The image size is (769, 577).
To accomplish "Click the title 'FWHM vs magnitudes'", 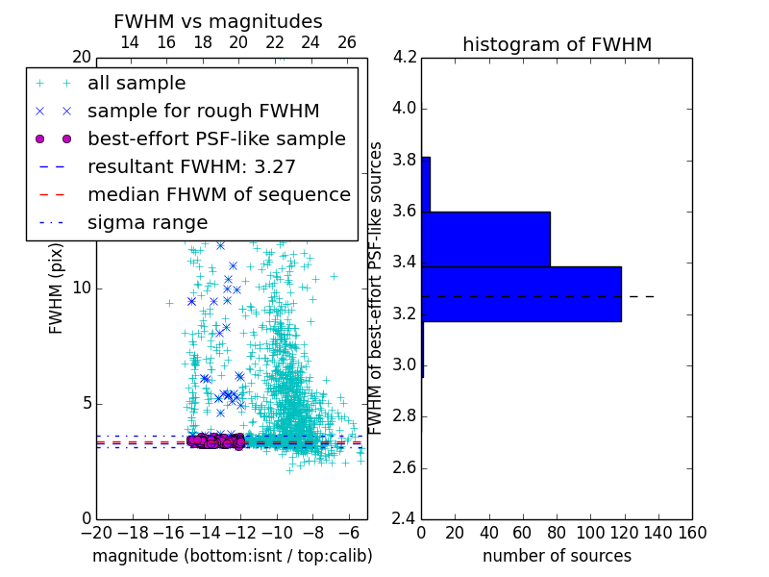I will point(218,21).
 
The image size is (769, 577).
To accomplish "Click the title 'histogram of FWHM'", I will point(557,44).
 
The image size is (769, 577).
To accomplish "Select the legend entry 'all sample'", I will point(136,84).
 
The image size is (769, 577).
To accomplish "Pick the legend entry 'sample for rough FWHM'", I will point(203,111).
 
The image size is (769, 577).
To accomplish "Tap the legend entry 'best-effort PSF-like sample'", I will point(216,138).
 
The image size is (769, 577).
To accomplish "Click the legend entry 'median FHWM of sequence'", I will point(218,194).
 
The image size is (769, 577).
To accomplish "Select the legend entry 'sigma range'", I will point(147,222).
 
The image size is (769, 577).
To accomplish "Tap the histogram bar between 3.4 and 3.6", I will point(485,238).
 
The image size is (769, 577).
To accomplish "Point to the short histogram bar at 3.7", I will point(425,184).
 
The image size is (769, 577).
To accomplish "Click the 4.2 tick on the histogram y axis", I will point(404,57).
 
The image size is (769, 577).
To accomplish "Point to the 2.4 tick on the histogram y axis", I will point(404,519).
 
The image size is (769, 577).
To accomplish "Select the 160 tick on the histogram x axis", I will point(692,532).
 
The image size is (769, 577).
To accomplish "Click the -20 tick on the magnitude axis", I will point(95,532).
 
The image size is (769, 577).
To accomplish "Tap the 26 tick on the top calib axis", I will point(347,43).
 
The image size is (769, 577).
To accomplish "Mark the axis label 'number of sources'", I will point(557,556).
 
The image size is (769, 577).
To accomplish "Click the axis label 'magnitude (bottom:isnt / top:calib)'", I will point(232,556).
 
